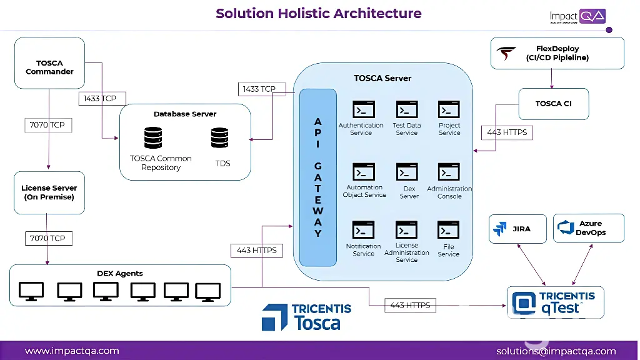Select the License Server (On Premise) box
(49, 192)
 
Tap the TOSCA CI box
(553, 104)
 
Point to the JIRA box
(517, 229)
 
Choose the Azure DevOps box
(588, 228)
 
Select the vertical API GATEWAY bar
(318, 177)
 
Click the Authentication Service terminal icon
(363, 109)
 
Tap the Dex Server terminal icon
(407, 172)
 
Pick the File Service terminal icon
(449, 230)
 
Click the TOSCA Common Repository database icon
(153, 138)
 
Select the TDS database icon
(220, 138)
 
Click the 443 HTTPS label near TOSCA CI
(507, 132)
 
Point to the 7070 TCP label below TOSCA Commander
(47, 125)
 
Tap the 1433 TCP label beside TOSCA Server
(259, 89)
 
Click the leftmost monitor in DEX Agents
(31, 291)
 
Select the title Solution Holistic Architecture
(319, 13)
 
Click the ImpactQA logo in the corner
(577, 17)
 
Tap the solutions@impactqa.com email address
(556, 351)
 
